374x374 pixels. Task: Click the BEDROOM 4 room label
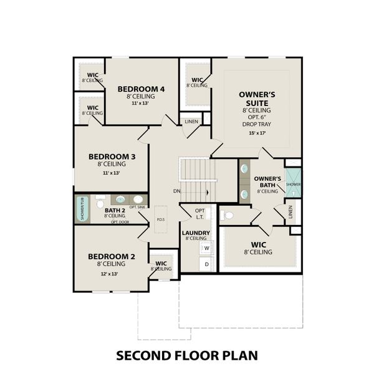pyautogui.click(x=141, y=89)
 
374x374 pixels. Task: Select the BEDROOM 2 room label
pyautogui.click(x=112, y=257)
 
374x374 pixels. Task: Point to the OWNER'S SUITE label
pyautogui.click(x=253, y=98)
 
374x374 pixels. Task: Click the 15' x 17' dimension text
pyautogui.click(x=253, y=133)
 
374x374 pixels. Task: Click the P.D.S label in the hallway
pyautogui.click(x=160, y=219)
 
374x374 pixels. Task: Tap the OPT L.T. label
pyautogui.click(x=199, y=214)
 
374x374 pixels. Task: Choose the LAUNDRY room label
pyautogui.click(x=195, y=234)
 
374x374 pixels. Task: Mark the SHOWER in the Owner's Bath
pyautogui.click(x=293, y=185)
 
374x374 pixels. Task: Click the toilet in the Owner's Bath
pyautogui.click(x=228, y=216)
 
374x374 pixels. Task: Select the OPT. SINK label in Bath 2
pyautogui.click(x=137, y=206)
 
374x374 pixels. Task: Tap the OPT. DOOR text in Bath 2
pyautogui.click(x=120, y=221)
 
